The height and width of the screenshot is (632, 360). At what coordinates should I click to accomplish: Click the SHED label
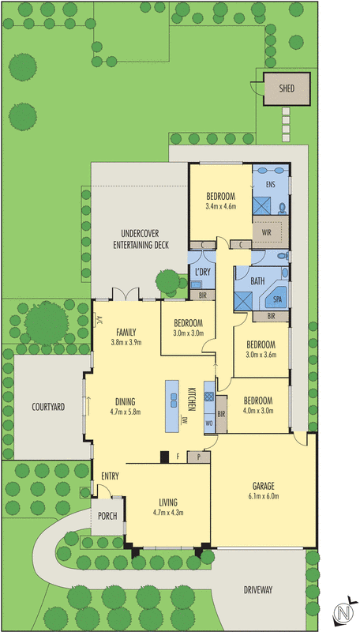click(x=287, y=88)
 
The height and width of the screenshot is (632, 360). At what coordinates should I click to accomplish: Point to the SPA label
click(x=278, y=300)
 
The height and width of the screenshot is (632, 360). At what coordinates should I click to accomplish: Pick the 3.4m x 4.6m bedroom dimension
click(x=221, y=206)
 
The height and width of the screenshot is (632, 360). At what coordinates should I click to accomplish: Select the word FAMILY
click(x=126, y=332)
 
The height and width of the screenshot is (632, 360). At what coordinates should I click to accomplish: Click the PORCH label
click(x=107, y=516)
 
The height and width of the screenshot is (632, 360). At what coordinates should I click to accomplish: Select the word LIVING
click(x=167, y=502)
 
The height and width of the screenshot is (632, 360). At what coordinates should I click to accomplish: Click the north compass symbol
click(x=343, y=613)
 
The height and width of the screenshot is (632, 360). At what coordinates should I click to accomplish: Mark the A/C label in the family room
click(x=99, y=320)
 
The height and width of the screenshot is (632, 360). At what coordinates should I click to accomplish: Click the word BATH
click(x=257, y=280)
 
